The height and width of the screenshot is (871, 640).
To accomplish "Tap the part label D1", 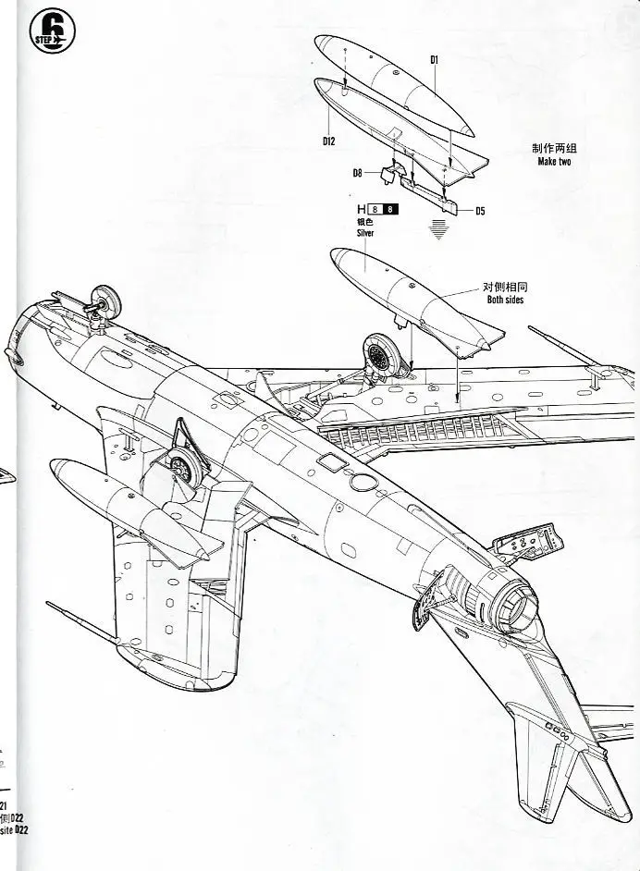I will pyautogui.click(x=434, y=59).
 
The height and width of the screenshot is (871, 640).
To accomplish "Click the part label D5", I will pyautogui.click(x=480, y=211).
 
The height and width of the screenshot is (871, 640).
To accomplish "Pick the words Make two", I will pyautogui.click(x=554, y=162).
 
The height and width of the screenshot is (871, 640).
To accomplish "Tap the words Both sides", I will pyautogui.click(x=505, y=301).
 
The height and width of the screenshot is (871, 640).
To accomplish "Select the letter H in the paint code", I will pyautogui.click(x=361, y=209).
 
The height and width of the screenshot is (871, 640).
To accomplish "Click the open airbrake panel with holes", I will pyautogui.click(x=524, y=545).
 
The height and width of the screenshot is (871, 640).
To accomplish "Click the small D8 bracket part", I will pyautogui.click(x=391, y=170).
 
